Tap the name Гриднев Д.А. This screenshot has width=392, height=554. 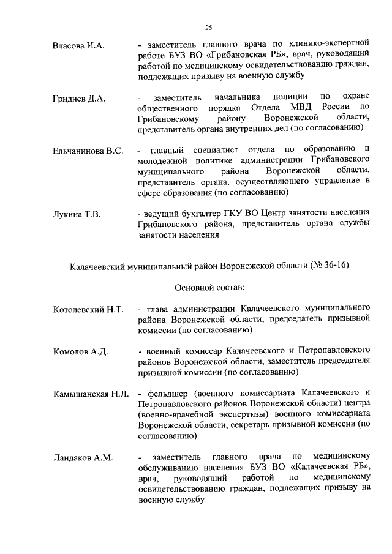click(x=79, y=98)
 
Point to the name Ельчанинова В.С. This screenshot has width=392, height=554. click(x=88, y=150)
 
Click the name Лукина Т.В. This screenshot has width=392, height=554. click(x=77, y=214)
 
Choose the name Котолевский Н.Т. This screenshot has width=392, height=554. click(x=88, y=310)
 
